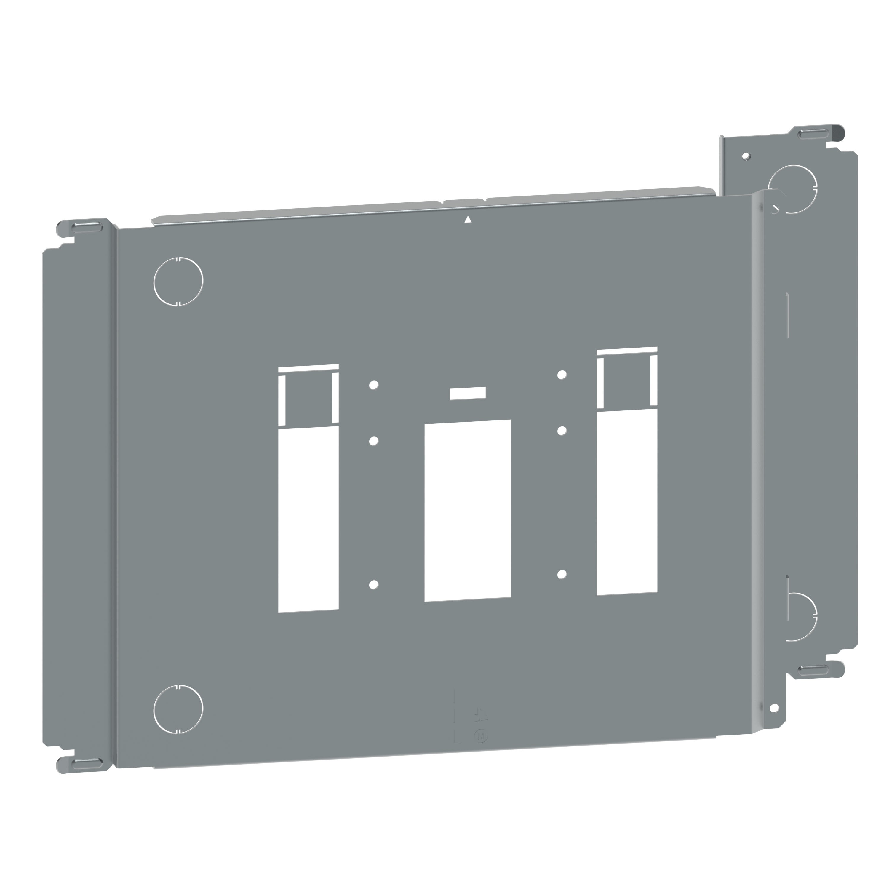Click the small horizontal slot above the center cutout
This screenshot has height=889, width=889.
468,393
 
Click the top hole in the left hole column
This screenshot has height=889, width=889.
374,384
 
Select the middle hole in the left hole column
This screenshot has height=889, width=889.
374,441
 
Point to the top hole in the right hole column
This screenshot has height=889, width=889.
561,375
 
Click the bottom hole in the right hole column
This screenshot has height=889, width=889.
561,574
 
